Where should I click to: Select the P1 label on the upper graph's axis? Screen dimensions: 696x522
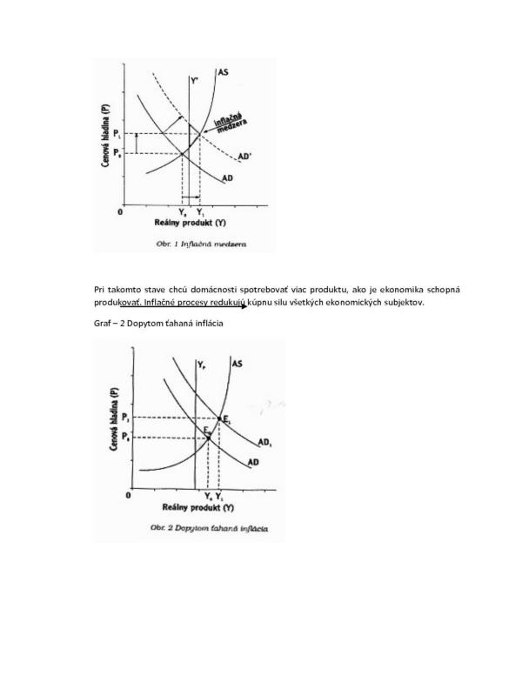[x=130, y=133]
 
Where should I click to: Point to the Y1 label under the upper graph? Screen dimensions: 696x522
[x=201, y=211]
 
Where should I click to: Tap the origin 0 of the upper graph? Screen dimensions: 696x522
[x=122, y=211]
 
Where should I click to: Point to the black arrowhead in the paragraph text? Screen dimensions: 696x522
[x=243, y=307]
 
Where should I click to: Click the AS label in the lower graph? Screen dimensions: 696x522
[x=237, y=363]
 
